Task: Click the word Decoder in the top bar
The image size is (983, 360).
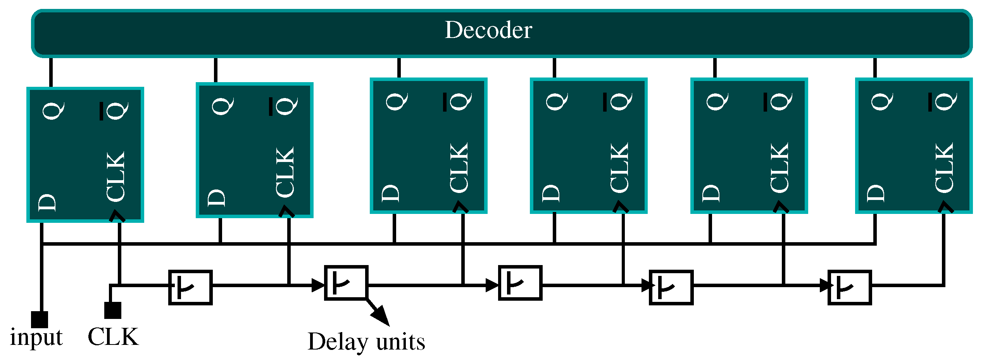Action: [x=488, y=30]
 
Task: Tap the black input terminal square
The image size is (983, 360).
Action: [x=40, y=319]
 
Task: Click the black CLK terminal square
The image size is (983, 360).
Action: [x=112, y=310]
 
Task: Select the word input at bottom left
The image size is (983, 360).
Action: [x=36, y=337]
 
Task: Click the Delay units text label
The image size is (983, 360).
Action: [x=366, y=342]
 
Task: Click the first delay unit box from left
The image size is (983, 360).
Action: [x=190, y=288]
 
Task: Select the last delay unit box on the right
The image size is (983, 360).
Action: [x=850, y=288]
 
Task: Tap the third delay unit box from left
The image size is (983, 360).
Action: [x=520, y=283]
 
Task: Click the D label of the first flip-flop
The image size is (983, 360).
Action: [x=47, y=202]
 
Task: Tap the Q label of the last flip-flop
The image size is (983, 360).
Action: [x=882, y=102]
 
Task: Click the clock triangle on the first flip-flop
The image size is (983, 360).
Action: [x=117, y=216]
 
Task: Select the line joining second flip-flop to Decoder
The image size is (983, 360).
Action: [x=216, y=70]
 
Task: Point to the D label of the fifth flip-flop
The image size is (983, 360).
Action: [x=711, y=193]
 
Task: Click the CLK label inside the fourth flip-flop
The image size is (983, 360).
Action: [x=619, y=167]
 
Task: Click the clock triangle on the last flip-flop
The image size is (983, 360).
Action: [x=945, y=207]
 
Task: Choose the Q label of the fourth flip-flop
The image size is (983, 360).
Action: [x=557, y=102]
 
